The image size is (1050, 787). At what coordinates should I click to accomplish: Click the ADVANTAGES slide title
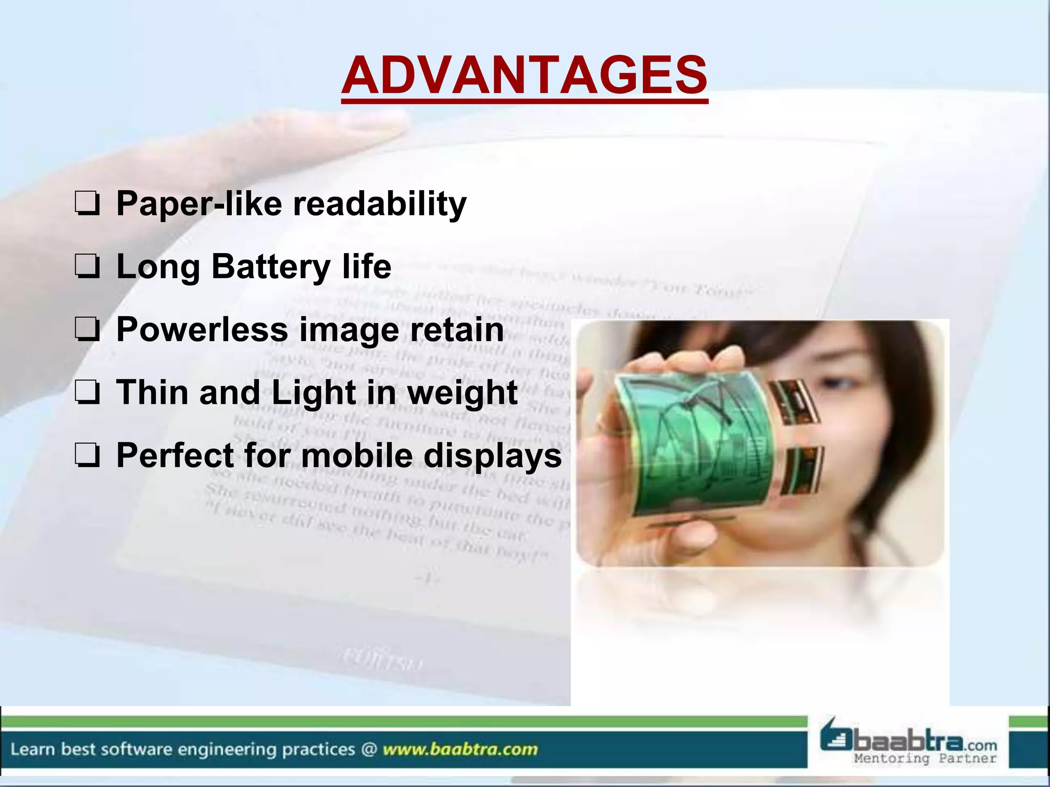point(524,76)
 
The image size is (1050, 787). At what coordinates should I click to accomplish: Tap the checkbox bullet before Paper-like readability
point(88,203)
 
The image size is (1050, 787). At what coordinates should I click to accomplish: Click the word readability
point(379,204)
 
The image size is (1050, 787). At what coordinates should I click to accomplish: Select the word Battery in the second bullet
point(271,267)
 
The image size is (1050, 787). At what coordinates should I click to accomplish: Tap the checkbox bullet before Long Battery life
point(88,267)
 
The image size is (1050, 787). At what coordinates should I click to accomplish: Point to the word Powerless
point(202,329)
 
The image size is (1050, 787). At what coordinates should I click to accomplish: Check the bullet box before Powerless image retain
point(88,329)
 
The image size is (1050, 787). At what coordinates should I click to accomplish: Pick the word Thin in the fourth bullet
point(152,392)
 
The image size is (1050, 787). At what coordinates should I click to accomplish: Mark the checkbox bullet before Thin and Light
point(88,392)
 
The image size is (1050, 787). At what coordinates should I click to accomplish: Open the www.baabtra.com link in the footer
point(460,749)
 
